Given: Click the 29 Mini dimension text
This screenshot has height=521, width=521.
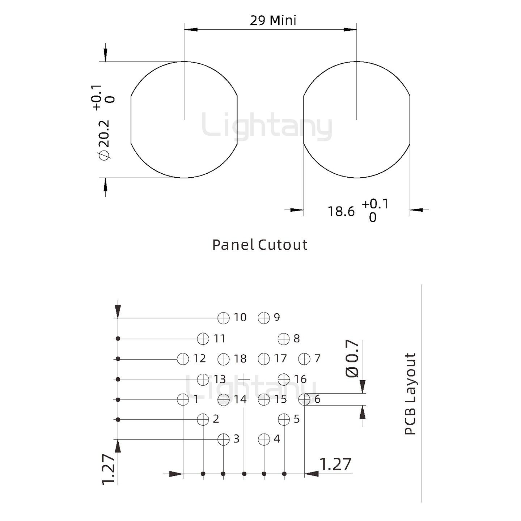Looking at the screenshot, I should click(x=273, y=20).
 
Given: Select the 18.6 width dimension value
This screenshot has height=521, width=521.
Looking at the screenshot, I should click(x=341, y=211).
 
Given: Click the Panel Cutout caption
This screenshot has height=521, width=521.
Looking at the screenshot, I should click(x=260, y=245).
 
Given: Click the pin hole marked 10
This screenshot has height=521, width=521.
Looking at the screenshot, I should click(x=224, y=318).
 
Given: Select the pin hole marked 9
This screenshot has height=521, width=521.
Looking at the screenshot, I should click(x=264, y=318).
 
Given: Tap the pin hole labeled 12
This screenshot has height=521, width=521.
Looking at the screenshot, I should click(x=183, y=359).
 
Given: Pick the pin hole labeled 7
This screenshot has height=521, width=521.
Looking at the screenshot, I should click(x=304, y=359).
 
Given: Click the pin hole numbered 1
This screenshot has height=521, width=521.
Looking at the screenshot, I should click(x=183, y=399).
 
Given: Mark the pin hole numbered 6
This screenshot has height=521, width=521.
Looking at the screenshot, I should click(x=304, y=399).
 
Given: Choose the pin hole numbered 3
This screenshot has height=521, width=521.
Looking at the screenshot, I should click(x=224, y=440).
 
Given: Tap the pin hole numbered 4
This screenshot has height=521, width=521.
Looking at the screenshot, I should click(x=264, y=440).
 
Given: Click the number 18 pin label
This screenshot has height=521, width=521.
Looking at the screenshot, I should click(x=240, y=359).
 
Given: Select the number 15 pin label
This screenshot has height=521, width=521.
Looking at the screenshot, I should click(x=280, y=399).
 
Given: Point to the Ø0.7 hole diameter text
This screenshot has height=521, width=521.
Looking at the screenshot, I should click(x=352, y=358).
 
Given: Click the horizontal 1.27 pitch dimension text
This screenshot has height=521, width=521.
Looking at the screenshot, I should click(x=335, y=464).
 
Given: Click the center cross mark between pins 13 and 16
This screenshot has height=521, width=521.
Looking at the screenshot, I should click(x=244, y=379).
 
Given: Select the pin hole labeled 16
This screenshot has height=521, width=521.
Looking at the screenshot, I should click(x=284, y=379).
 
